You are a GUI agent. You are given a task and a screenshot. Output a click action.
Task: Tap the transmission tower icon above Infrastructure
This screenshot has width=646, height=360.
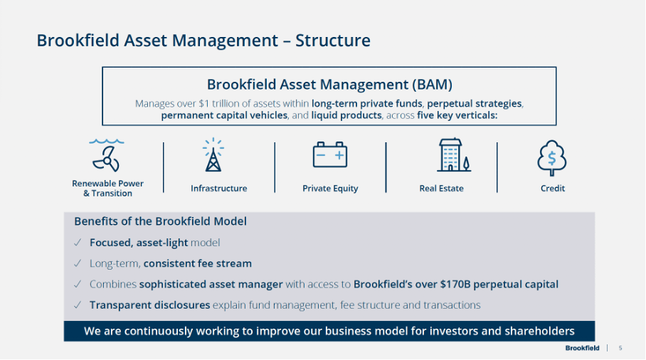(213, 156)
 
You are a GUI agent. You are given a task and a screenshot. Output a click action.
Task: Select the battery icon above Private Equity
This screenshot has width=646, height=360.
(330, 154)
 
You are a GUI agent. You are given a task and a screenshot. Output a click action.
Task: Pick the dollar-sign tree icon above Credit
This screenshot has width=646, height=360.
(552, 157)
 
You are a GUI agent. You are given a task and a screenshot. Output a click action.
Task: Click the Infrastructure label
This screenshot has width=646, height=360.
(218, 189)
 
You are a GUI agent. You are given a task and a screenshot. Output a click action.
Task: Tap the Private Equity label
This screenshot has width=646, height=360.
(330, 189)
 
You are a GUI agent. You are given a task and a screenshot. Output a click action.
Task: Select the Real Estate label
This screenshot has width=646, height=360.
(441, 189)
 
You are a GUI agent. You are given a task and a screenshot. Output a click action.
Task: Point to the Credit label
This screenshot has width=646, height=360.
(553, 189)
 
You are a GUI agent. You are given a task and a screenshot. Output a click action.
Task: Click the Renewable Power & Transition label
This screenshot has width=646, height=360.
(107, 189)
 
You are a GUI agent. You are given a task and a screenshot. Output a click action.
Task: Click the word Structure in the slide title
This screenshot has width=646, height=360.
(333, 41)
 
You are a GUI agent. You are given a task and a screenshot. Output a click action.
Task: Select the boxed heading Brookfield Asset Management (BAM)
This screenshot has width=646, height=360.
(329, 85)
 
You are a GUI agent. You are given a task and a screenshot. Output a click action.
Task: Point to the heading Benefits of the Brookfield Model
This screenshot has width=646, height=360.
(160, 221)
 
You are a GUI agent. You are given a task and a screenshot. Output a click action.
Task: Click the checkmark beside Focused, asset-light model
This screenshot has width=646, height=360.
(78, 243)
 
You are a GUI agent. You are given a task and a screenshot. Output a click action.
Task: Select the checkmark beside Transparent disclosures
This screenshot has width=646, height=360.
(78, 305)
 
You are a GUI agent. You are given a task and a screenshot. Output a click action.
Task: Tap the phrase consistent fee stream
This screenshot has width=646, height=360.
(197, 263)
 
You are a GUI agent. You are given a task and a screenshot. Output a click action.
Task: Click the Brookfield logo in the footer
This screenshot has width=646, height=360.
(582, 348)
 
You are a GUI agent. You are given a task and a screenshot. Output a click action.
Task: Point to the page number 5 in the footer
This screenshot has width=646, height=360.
(620, 348)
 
